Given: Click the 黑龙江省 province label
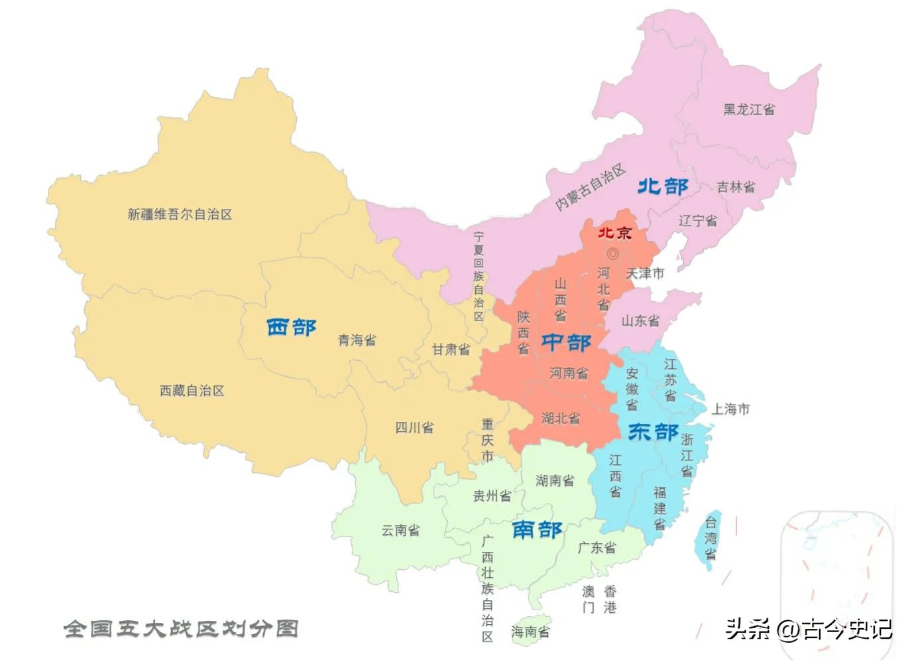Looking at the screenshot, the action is (749, 109).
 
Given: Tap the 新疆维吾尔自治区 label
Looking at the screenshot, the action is (180, 214).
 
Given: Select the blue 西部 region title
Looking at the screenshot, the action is (292, 327).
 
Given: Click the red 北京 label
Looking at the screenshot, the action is (615, 233).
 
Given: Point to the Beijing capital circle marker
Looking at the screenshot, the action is (612, 253).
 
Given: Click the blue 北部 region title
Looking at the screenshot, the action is (663, 186).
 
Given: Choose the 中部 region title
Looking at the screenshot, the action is (566, 342).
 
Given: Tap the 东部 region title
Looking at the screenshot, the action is (653, 432).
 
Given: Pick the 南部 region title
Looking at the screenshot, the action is (537, 529).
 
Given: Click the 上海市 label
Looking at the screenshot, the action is (730, 409).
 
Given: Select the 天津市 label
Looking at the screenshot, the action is (645, 273).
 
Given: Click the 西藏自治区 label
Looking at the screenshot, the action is (192, 391).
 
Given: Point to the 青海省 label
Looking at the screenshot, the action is (357, 340).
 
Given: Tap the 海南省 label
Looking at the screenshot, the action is (530, 632).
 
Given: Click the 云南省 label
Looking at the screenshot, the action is (400, 531).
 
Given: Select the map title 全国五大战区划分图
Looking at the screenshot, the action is (181, 628).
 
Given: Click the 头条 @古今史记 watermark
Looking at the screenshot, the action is (809, 628).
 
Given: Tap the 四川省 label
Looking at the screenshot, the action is (415, 428).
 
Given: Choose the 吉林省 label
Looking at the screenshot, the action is (736, 187).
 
